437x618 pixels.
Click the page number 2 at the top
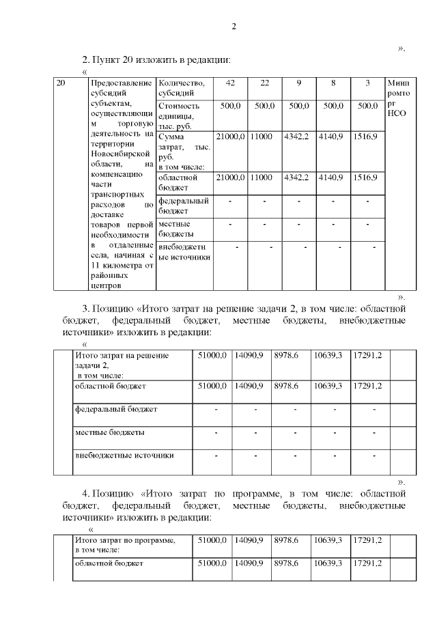point(234,27)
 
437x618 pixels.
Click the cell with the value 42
point(230,83)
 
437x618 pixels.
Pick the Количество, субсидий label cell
point(181,88)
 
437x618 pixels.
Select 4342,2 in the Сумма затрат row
point(297,137)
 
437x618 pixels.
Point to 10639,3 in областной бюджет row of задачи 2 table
point(328,386)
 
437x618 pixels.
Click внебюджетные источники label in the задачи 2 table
point(124,455)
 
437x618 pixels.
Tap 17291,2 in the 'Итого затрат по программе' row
point(367,540)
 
